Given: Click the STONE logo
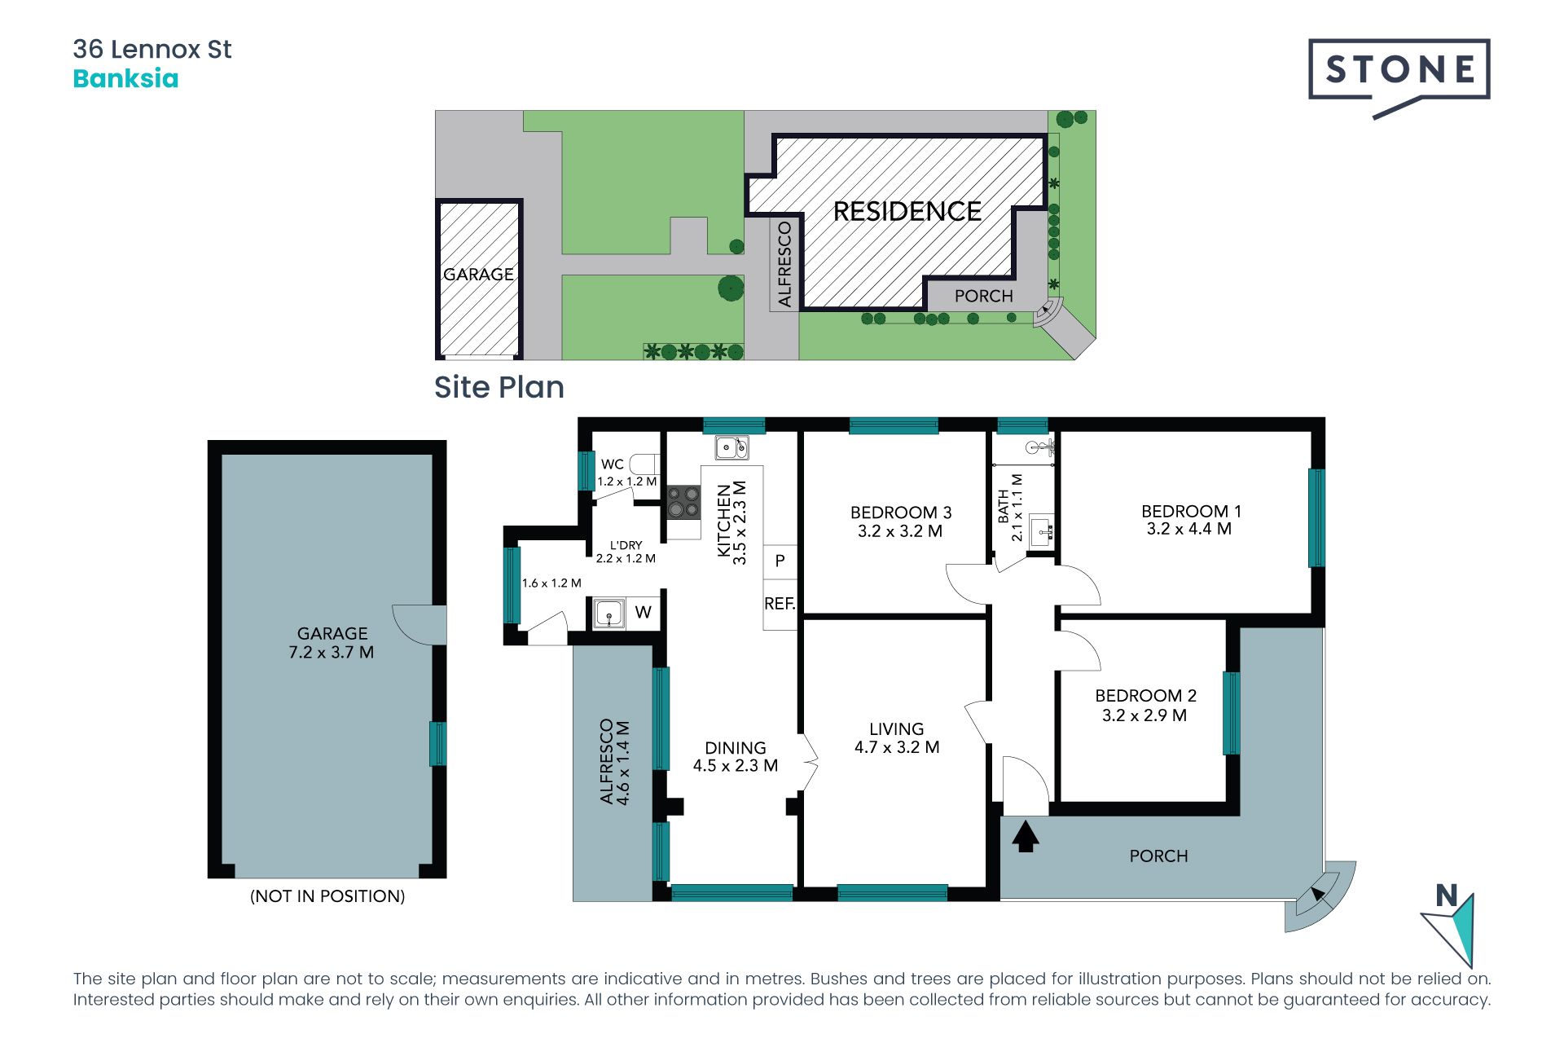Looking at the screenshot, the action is [1399, 77].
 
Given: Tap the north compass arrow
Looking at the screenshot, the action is [1452, 929].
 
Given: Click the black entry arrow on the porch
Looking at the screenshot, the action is [1026, 837].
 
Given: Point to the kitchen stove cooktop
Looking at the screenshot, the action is [683, 502].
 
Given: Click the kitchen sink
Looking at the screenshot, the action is [731, 447].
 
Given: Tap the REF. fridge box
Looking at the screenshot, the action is [780, 604].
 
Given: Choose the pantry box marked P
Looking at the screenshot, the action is [780, 561].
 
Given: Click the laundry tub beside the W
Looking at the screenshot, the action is [608, 613].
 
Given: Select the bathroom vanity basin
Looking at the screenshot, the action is [1043, 530].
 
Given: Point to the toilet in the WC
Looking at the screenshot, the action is [644, 464].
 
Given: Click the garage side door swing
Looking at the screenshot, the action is [418, 625].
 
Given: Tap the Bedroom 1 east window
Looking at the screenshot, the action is [1316, 517].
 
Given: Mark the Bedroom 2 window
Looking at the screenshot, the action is [1231, 713].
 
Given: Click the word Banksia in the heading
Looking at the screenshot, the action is [125, 79].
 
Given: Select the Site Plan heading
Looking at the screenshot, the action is [499, 387].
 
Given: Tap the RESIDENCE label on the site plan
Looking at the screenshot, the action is [907, 212].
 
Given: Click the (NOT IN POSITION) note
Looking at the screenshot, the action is [327, 896].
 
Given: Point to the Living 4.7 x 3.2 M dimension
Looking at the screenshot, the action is [897, 747].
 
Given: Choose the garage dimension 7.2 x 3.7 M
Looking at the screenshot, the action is [332, 653].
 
